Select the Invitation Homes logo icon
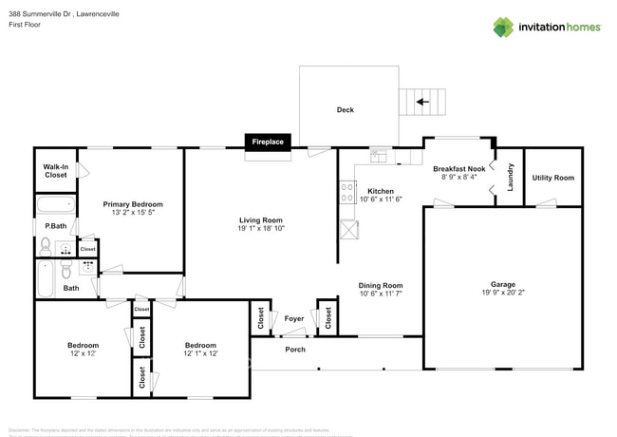502,27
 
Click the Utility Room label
552,178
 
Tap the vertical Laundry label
510,178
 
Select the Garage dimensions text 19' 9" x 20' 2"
502,294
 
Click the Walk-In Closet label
56,171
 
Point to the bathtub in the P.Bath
55,204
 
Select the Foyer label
294,319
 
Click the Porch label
295,349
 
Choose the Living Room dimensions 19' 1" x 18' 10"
261,229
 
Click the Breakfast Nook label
463,168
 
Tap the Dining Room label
381,285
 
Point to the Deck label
346,110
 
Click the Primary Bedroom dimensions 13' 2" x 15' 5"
133,213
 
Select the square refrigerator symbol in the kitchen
348,230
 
